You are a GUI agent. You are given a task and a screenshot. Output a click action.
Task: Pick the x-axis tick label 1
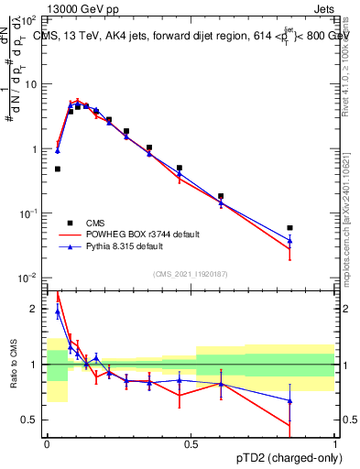(334, 443)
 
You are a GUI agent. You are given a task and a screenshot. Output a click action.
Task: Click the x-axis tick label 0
(46, 443)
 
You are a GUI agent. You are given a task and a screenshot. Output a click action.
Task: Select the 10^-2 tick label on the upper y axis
(30, 278)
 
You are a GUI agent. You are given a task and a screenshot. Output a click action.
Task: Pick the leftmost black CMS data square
(58, 169)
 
